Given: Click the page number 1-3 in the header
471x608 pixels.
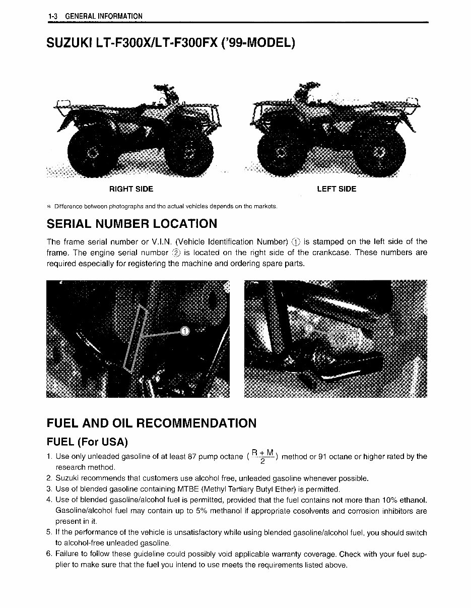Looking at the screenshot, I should click(53, 17).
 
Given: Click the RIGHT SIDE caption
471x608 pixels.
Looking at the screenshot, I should click(131, 189).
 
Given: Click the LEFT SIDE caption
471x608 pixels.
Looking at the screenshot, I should click(337, 189).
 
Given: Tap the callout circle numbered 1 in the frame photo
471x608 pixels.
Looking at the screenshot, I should click(184, 331).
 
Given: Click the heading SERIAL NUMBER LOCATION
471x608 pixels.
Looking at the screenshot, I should click(132, 223).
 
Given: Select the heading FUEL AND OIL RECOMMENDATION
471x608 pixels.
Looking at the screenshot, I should click(151, 423).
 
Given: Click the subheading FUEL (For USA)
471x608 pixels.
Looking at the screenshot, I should click(87, 442).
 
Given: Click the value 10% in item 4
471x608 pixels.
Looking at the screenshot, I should click(390, 500).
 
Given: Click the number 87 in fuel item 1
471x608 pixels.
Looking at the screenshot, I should click(191, 457).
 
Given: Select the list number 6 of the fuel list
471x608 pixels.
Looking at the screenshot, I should click(49, 555).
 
